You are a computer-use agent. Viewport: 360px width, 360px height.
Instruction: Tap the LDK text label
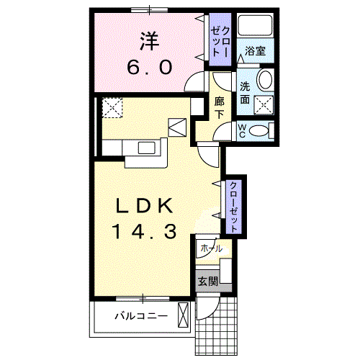tap(143, 207)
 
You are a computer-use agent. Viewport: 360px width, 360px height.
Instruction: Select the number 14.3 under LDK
tap(143, 232)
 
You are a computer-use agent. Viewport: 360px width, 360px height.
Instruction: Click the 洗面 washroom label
tap(246, 91)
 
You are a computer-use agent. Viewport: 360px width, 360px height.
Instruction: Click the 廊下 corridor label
tap(220, 108)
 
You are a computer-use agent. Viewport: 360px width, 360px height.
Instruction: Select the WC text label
tap(243, 130)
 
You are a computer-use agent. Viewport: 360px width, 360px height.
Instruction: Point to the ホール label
tap(211, 248)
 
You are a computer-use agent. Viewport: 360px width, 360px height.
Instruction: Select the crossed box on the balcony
tap(184, 315)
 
